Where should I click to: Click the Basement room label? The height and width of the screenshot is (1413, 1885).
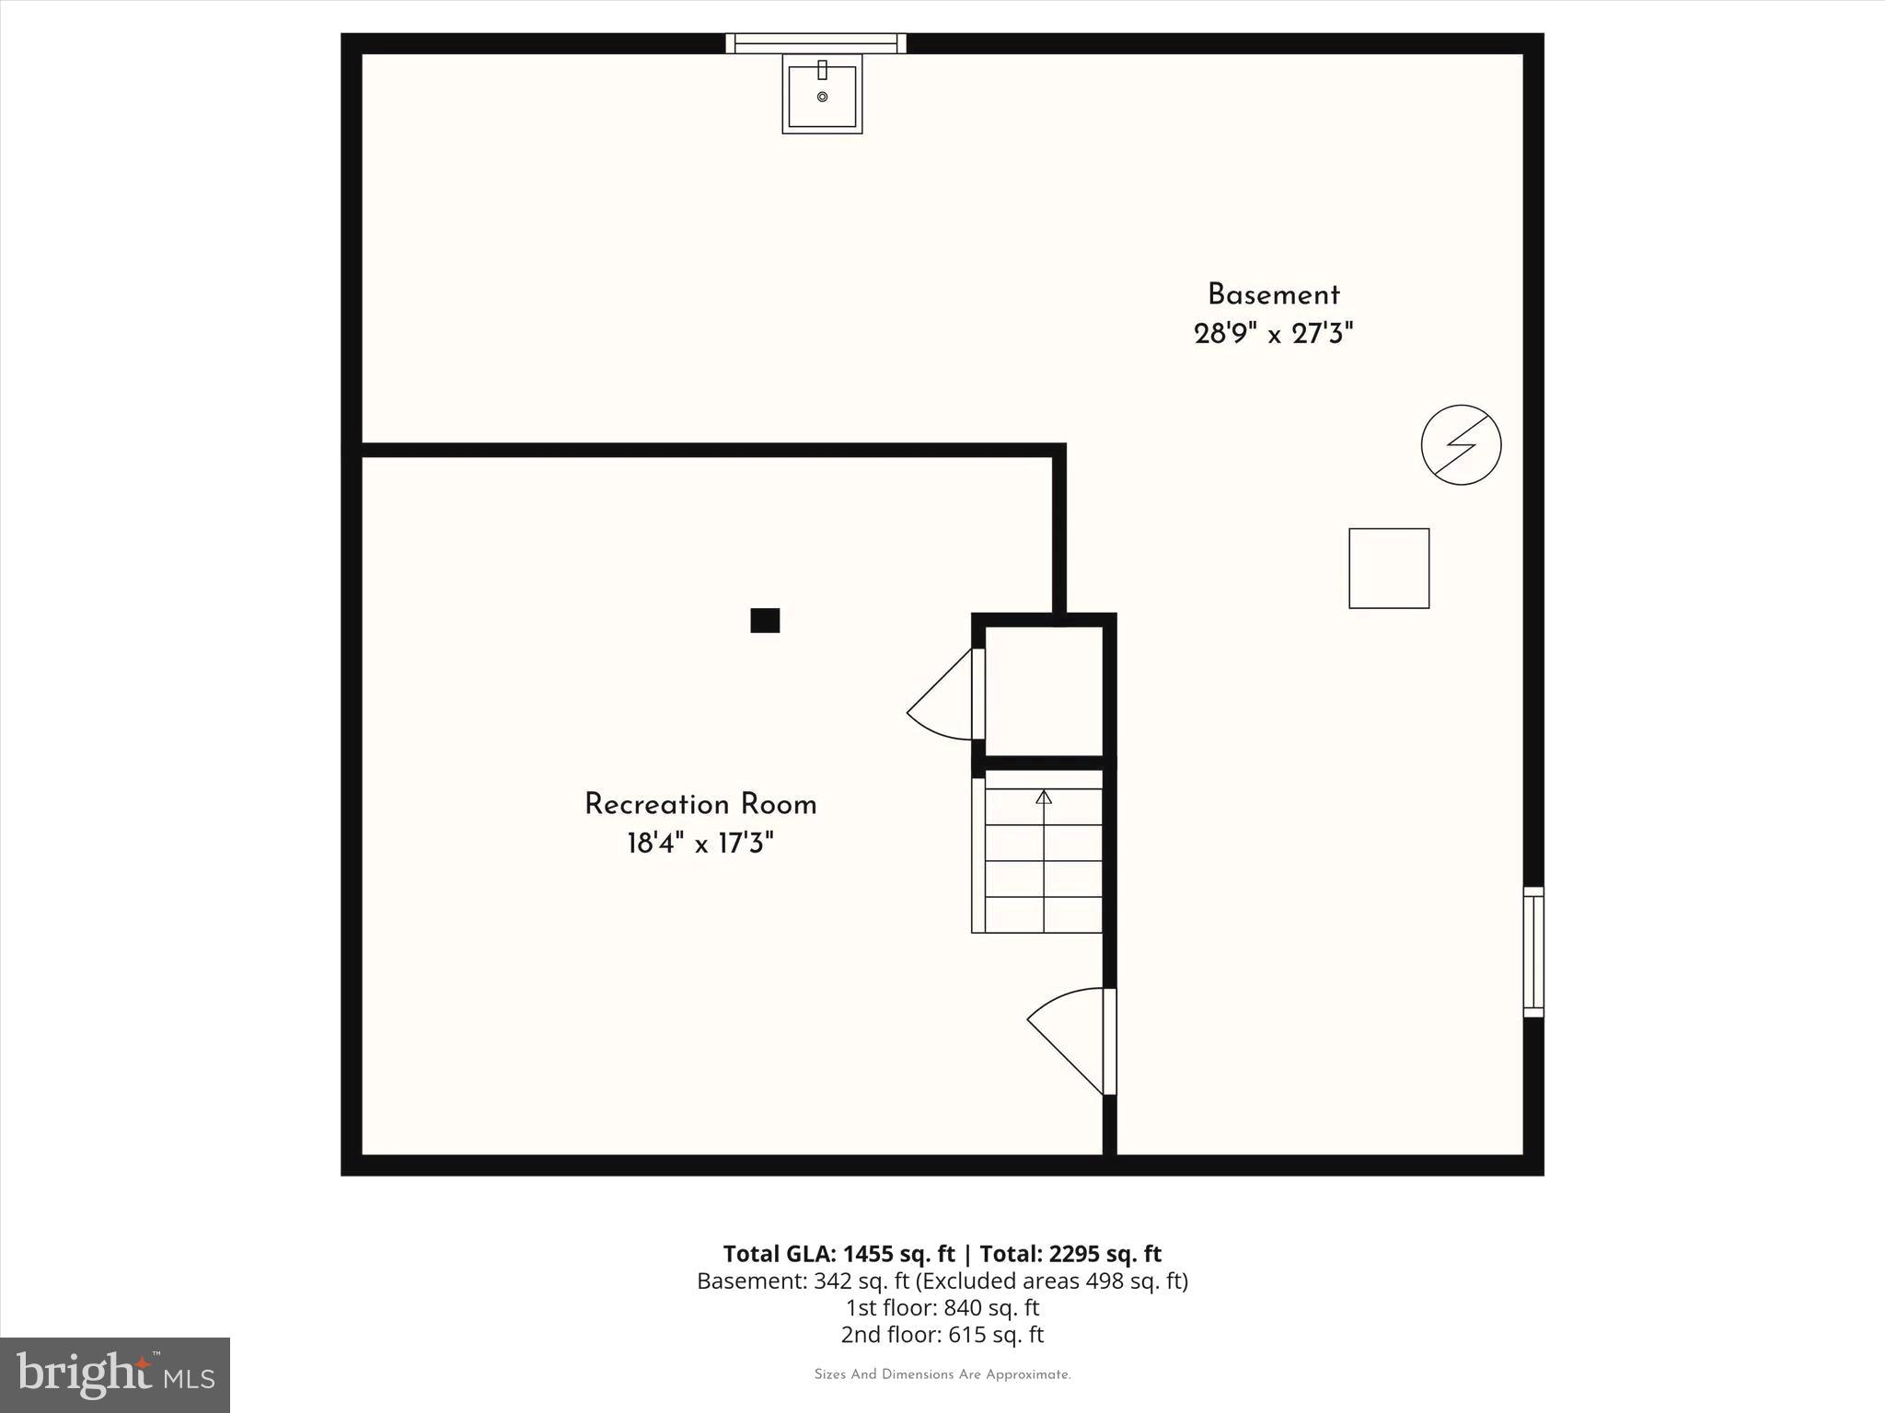point(1273,295)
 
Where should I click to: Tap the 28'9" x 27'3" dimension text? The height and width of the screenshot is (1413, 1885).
point(1273,334)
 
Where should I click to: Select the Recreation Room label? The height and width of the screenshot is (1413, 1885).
point(700,805)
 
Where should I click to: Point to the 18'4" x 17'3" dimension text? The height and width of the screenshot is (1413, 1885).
point(700,844)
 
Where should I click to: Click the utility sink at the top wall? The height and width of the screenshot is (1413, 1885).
point(822,94)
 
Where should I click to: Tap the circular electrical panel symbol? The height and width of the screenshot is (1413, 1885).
point(1461,445)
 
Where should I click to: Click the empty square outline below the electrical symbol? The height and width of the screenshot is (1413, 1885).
point(1389,569)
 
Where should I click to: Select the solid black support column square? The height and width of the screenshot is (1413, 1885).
point(765,621)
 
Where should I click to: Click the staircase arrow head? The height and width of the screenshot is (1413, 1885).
point(1044,797)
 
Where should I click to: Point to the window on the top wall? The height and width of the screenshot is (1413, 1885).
point(815,43)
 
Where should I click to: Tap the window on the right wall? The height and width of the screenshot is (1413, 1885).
point(1532,952)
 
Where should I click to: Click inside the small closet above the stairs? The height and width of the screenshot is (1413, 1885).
point(1044,690)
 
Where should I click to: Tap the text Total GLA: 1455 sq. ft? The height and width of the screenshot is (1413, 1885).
point(838,1254)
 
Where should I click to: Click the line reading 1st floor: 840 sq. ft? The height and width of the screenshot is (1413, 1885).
point(942,1307)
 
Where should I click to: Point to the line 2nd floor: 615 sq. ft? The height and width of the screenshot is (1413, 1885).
point(942,1334)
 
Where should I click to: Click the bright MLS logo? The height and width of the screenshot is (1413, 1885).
point(115,1374)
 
